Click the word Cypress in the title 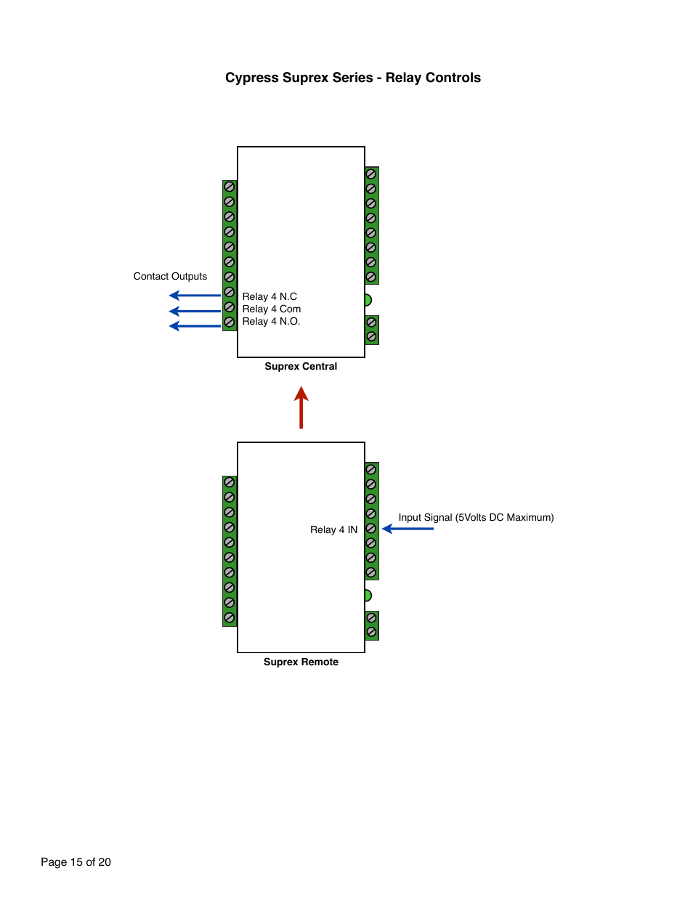(252, 78)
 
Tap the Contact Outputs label (170, 276)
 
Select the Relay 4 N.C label (269, 296)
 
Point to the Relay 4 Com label (272, 309)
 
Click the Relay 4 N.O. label (271, 321)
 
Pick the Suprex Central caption (301, 367)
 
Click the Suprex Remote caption (301, 662)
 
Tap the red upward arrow (301, 407)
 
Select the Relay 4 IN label (334, 529)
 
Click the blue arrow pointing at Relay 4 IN (408, 529)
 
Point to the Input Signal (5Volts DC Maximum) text (476, 518)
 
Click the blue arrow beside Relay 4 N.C (195, 296)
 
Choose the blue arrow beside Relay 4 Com (195, 311)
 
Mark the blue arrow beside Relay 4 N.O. (195, 326)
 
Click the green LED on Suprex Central (368, 300)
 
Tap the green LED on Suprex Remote (368, 596)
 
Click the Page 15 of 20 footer (76, 862)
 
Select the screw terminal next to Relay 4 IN (371, 528)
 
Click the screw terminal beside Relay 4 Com (229, 307)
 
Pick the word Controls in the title (453, 78)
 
